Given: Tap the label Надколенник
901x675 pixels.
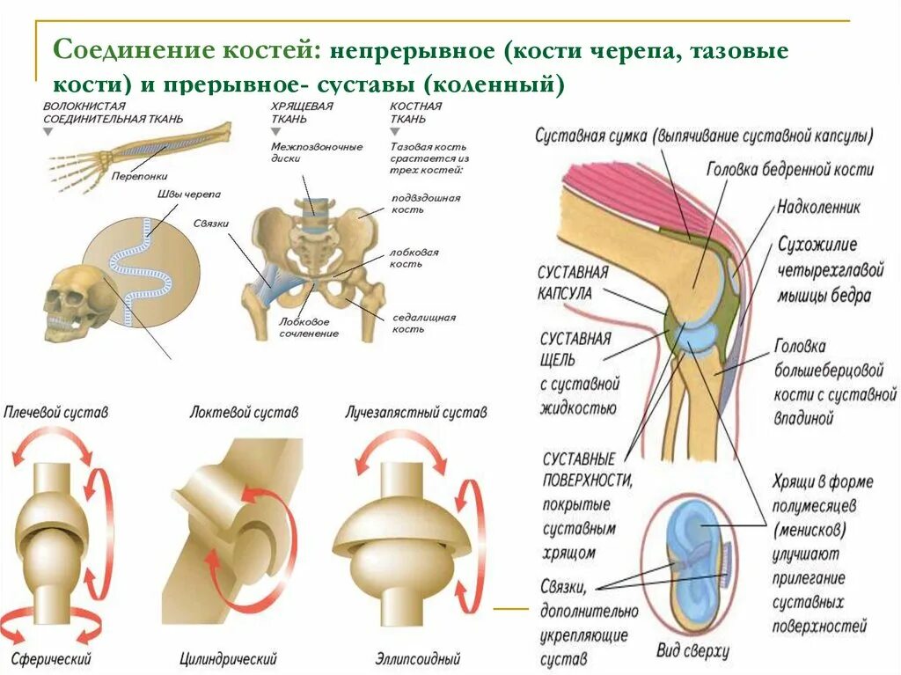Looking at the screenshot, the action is pyautogui.click(x=817, y=208).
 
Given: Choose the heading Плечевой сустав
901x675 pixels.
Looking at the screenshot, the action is pyautogui.click(x=56, y=412).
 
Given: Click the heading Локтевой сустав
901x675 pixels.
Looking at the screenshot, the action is pyautogui.click(x=244, y=412).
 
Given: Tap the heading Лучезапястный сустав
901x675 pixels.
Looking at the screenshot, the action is pyautogui.click(x=415, y=412).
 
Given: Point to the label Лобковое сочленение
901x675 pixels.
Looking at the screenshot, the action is pyautogui.click(x=309, y=327).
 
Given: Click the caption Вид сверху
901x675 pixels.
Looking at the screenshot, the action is pyautogui.click(x=693, y=651).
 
